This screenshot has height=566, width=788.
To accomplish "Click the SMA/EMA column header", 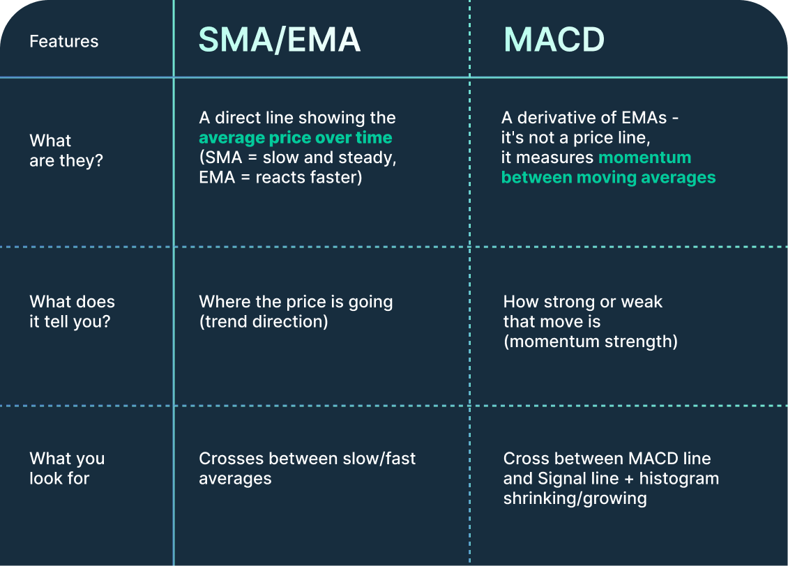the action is [280, 40].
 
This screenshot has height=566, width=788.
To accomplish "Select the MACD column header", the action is [554, 40].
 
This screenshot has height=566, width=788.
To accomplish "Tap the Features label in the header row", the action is [64, 41].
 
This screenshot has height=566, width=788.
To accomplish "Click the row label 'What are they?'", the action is [66, 150].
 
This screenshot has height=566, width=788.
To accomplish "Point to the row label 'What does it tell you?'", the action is [73, 312].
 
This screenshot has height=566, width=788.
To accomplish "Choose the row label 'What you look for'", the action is [68, 468].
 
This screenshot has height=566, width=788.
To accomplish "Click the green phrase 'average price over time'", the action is [296, 137].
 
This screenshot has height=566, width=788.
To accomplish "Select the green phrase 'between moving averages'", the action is [609, 177].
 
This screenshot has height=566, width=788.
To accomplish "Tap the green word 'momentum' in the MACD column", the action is [645, 158].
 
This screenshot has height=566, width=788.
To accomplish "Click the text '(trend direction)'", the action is [264, 321].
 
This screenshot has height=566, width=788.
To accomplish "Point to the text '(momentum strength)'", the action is [591, 342].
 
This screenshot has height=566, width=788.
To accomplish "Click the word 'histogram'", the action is [679, 478].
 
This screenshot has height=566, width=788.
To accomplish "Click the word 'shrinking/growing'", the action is [575, 498].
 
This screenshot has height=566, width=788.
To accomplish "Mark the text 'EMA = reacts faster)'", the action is [280, 177].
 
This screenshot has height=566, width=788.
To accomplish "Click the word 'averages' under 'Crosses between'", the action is [235, 479].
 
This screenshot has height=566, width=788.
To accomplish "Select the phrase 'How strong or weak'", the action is [583, 302].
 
